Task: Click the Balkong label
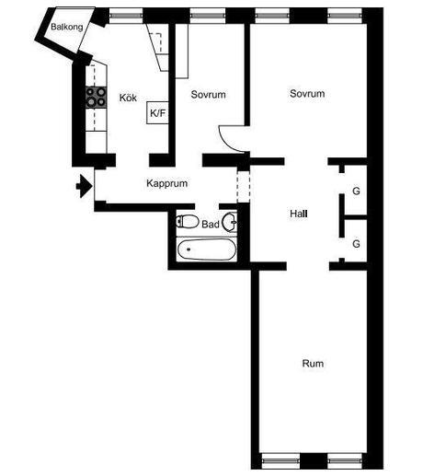[x=67, y=27]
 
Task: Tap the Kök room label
[x=128, y=98]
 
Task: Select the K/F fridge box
[x=157, y=112]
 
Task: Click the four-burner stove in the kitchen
[x=97, y=98]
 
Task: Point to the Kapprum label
[x=166, y=183]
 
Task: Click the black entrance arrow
[x=85, y=186]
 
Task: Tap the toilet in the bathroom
[x=188, y=222]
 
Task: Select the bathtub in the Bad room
[x=207, y=250]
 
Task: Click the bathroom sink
[x=230, y=222]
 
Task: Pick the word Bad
[x=211, y=225]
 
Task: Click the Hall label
[x=299, y=214]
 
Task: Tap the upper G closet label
[x=356, y=191]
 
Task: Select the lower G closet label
[x=356, y=244]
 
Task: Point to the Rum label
[x=313, y=364]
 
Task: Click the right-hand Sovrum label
[x=307, y=94]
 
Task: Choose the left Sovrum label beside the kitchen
[x=208, y=95]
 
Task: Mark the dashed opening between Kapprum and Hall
[x=244, y=187]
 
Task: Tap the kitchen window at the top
[x=126, y=16]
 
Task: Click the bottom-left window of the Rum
[x=281, y=460]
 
